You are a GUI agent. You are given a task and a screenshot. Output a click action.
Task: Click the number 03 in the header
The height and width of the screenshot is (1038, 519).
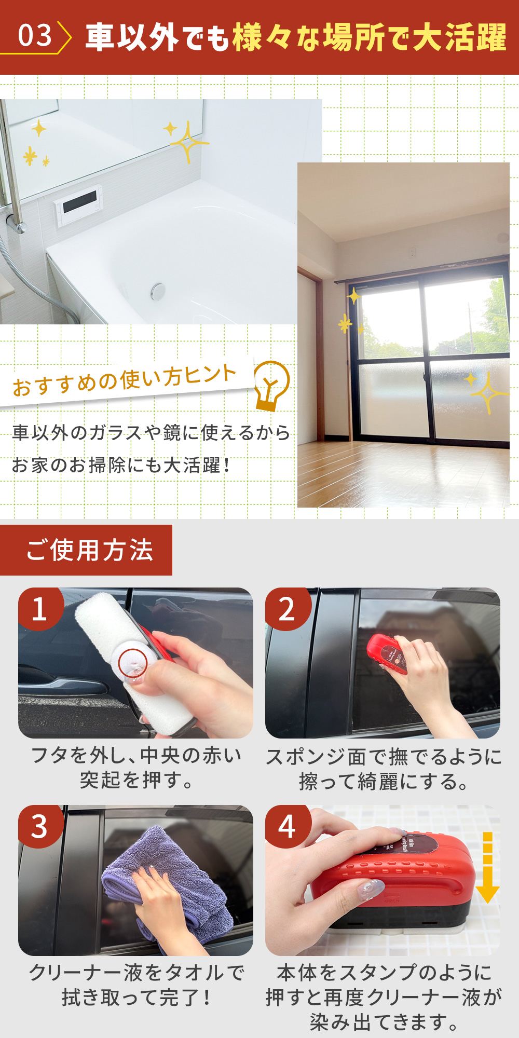pyautogui.click(x=35, y=36)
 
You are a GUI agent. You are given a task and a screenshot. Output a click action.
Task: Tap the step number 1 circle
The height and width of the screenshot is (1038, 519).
pyautogui.click(x=40, y=609)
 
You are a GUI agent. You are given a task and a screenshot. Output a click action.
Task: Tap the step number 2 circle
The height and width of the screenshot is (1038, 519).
pyautogui.click(x=287, y=609)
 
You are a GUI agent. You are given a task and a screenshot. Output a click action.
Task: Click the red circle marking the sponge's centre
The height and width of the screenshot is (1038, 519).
pyautogui.click(x=133, y=664)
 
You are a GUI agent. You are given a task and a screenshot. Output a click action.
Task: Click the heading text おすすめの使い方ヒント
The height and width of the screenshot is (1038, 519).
pyautogui.click(x=125, y=380)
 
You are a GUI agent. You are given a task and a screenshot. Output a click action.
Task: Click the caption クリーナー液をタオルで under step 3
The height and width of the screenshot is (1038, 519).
pyautogui.click(x=136, y=972)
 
